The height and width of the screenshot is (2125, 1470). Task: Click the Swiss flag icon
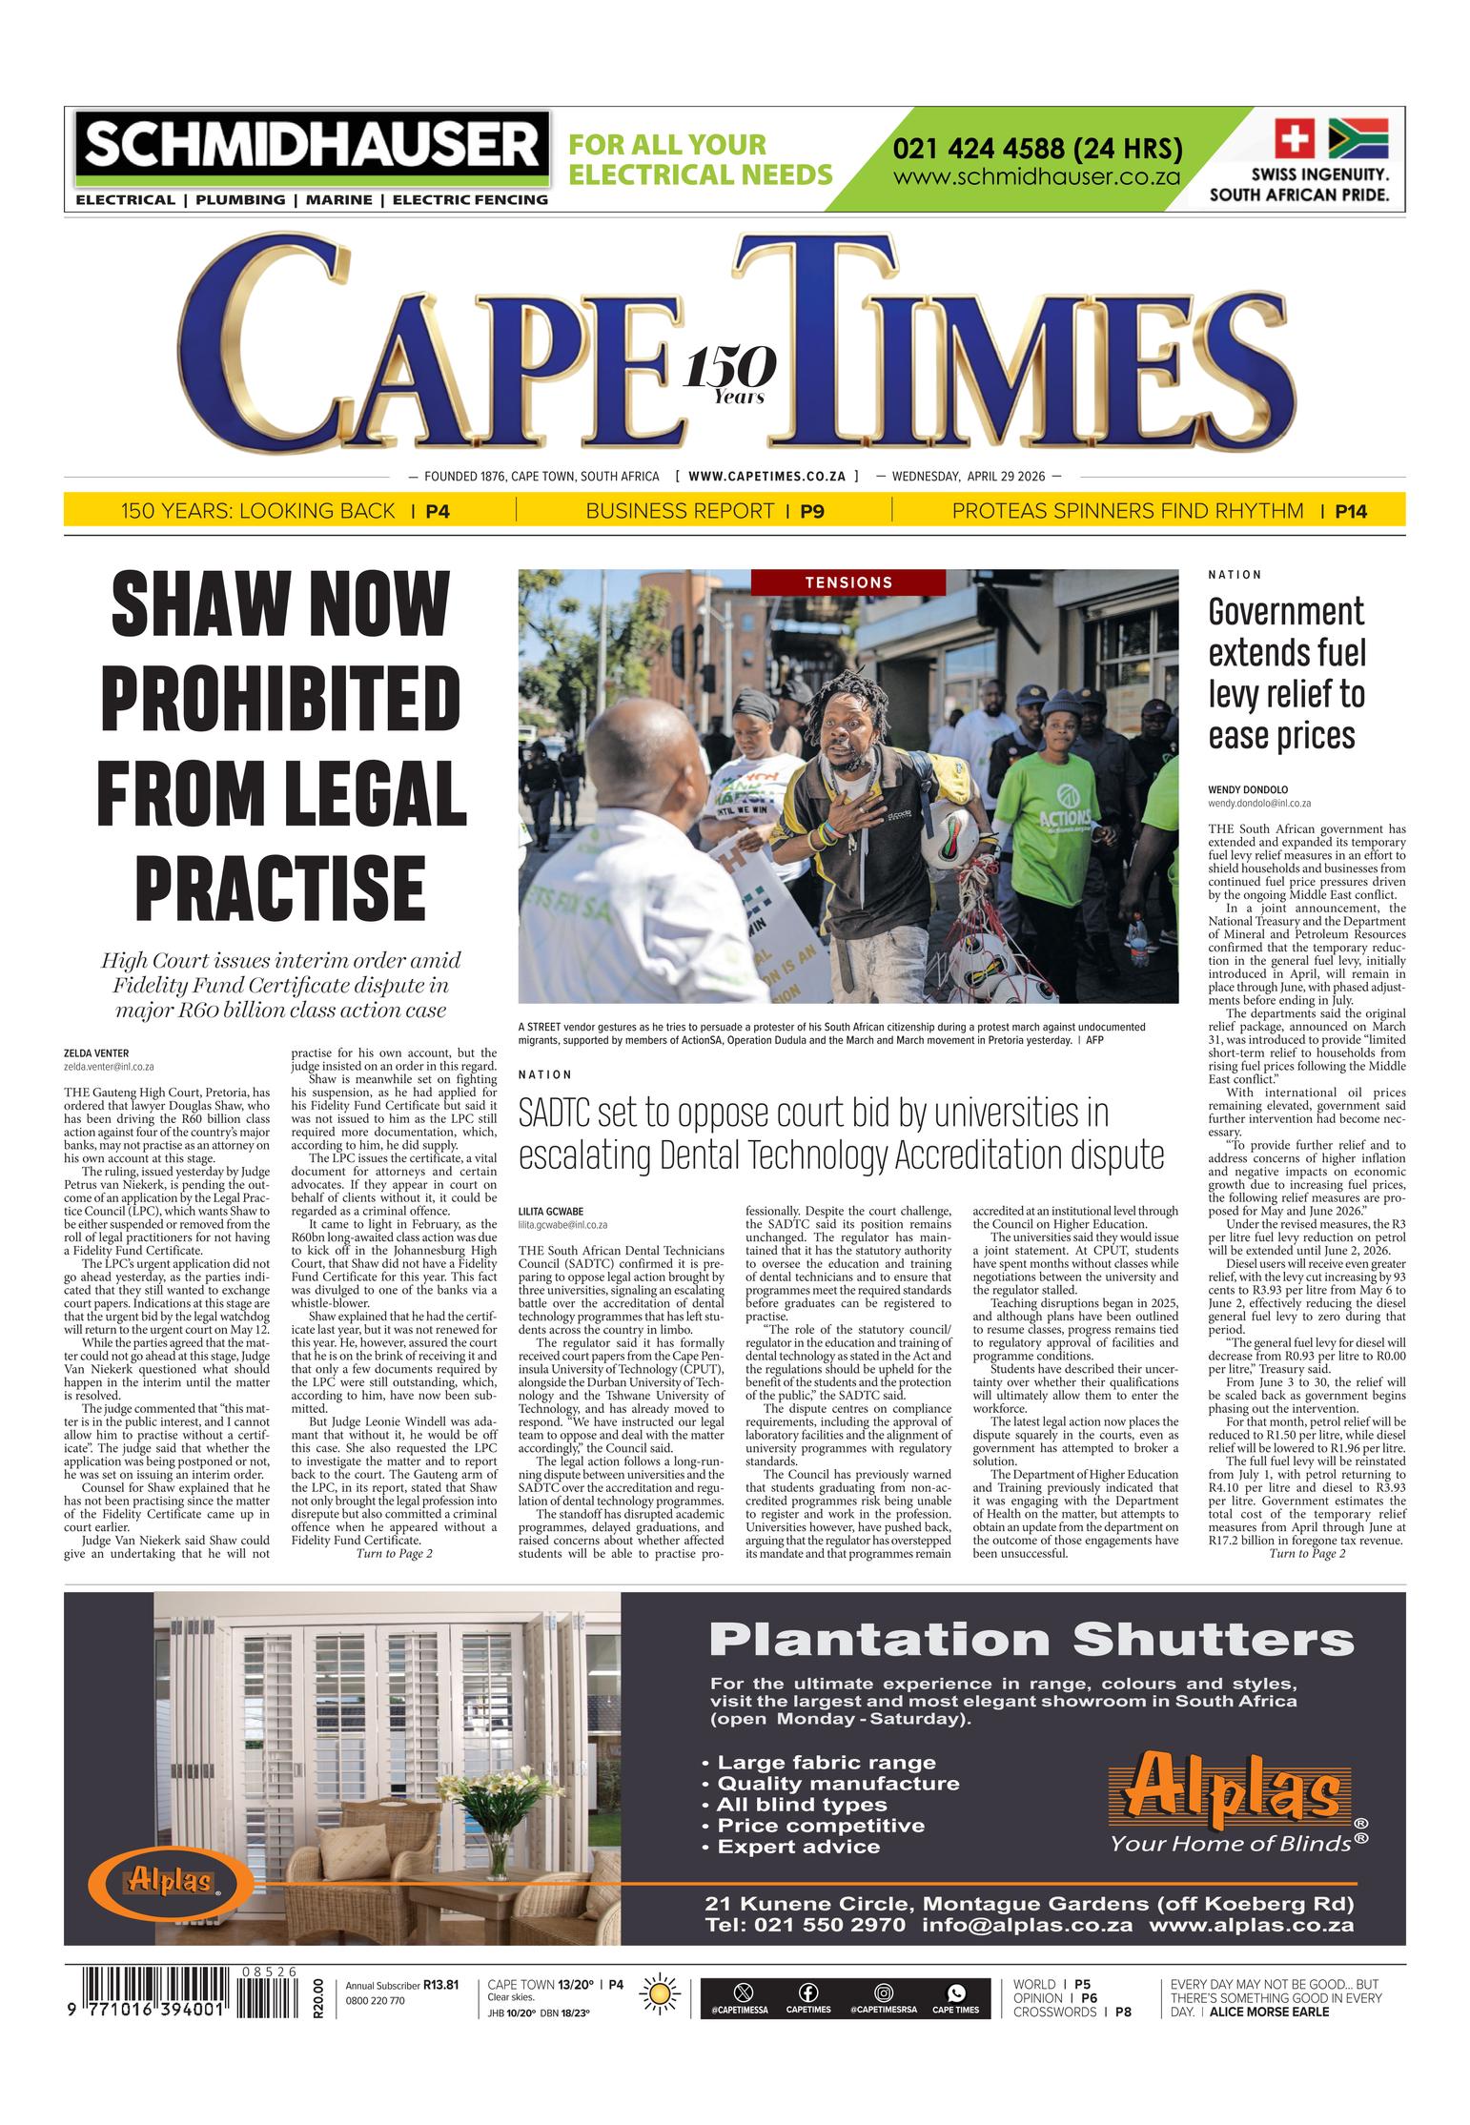(x=1295, y=139)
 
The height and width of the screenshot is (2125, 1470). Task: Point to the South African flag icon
(x=1358, y=139)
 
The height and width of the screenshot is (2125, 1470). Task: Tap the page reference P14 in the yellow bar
(x=1350, y=511)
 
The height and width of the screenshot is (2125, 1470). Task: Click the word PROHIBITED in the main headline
(x=280, y=698)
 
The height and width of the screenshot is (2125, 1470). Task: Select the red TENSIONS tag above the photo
(x=847, y=582)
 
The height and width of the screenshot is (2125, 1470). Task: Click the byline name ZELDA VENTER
(x=96, y=1053)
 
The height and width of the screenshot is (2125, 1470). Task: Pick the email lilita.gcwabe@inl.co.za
(x=562, y=1225)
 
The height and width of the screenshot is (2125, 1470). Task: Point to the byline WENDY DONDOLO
(x=1247, y=789)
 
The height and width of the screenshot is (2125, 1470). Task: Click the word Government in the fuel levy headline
(x=1285, y=612)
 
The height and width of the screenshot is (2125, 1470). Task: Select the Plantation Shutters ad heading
(x=1031, y=1641)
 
